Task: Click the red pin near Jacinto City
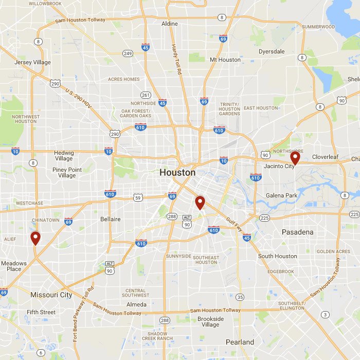click(295, 157)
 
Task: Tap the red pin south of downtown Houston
click(200, 202)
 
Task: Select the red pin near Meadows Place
click(35, 238)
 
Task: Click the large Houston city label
click(177, 172)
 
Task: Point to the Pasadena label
click(297, 232)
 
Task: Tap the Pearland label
click(240, 342)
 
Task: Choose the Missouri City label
click(51, 295)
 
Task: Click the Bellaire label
click(110, 219)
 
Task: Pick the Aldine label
click(169, 24)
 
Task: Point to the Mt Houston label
click(225, 60)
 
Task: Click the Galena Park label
click(281, 195)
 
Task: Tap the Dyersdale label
click(272, 52)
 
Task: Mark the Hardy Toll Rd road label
click(176, 60)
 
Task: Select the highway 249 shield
click(128, 53)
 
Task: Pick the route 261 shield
click(146, 95)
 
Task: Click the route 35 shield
click(240, 297)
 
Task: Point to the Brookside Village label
click(211, 321)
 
